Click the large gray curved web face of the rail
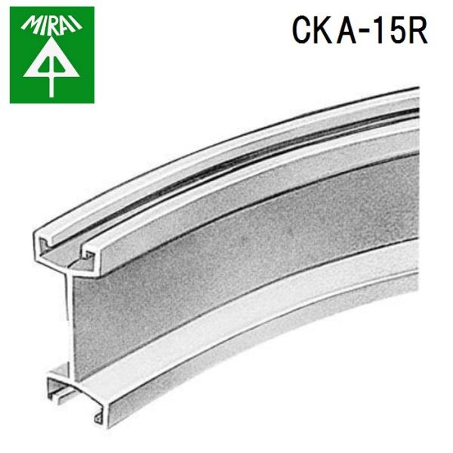click(x=226, y=249)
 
